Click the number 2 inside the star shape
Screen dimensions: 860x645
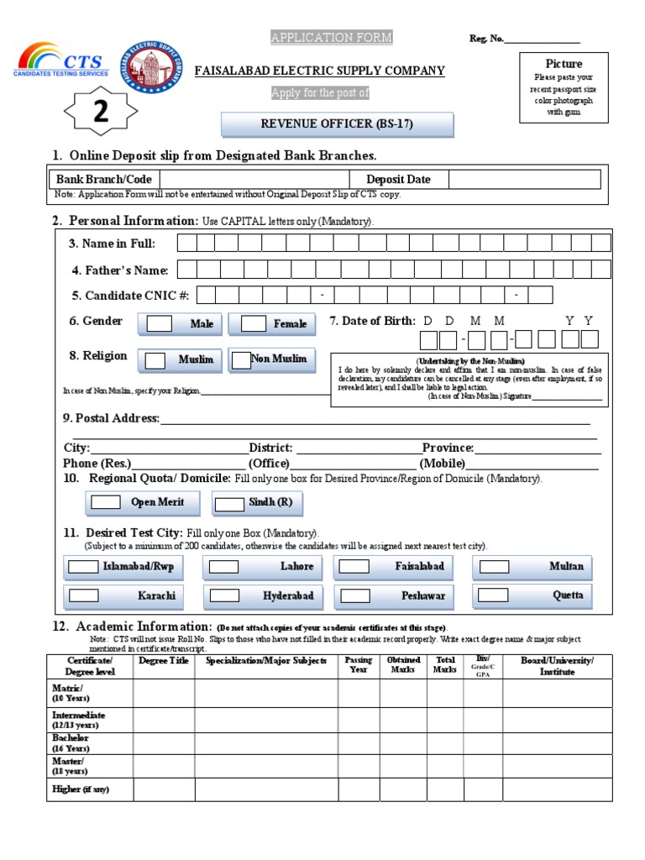tap(100, 113)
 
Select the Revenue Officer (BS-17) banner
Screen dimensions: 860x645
tap(337, 124)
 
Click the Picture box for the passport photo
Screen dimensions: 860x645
tap(564, 87)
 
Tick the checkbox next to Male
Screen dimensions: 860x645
tap(159, 323)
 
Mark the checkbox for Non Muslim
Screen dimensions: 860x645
tap(242, 360)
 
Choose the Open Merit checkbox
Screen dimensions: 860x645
tap(106, 502)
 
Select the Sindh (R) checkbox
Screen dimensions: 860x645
tap(228, 503)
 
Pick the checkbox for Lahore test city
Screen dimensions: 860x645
tap(223, 567)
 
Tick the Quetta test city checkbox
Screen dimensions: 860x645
tap(494, 595)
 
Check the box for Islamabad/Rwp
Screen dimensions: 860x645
tap(82, 567)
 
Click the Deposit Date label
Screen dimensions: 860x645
tap(398, 179)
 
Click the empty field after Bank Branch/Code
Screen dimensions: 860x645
tap(254, 179)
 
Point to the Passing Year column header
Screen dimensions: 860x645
tap(359, 665)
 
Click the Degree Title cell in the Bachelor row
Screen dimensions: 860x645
tap(164, 743)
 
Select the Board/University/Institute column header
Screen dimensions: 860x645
tap(557, 666)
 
